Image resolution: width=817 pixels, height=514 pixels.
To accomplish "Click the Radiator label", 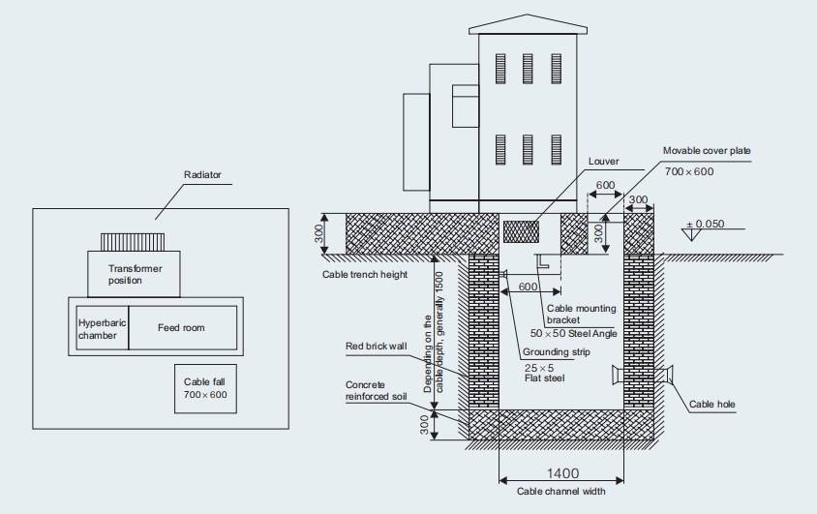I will point(202,175).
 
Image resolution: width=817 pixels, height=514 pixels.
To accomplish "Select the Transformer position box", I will point(135,274).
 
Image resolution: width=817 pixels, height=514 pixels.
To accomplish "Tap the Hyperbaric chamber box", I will point(102,328).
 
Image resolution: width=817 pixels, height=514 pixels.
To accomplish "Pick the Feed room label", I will point(181,328).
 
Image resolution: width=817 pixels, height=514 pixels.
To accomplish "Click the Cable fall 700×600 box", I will point(204,389).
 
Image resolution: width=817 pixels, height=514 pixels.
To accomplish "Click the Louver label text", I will point(603,162).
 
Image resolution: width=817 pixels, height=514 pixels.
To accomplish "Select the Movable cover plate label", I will point(706,151).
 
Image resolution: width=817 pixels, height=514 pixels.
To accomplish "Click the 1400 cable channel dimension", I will point(561,473).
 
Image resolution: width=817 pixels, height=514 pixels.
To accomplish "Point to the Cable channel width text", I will point(560,492).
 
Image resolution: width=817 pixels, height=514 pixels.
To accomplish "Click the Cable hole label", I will point(711,405).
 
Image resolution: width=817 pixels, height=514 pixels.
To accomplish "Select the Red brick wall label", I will point(378,346).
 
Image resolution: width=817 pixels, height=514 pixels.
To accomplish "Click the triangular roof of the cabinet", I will point(528,23).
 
